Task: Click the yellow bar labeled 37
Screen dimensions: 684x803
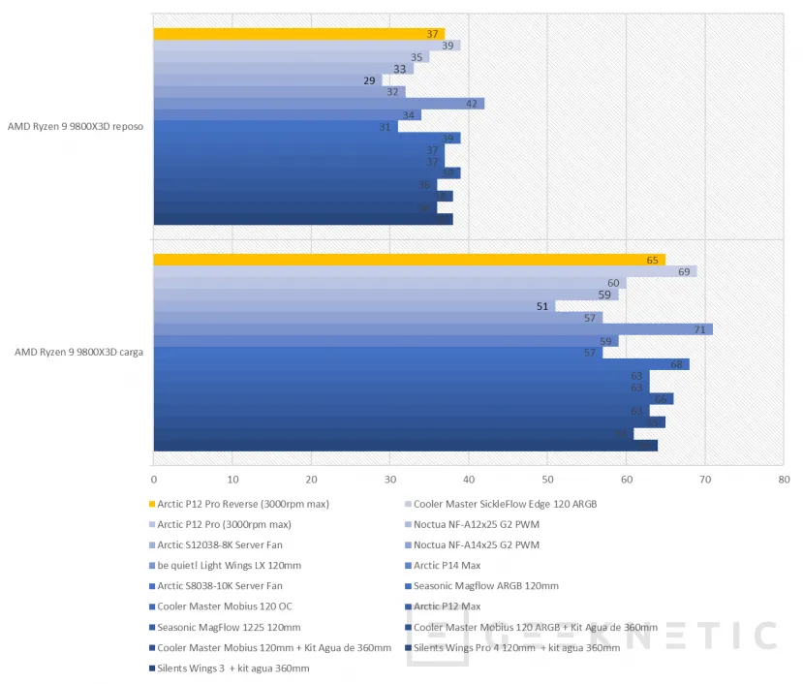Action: pos(291,34)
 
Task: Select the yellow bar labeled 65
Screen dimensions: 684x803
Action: pos(407,260)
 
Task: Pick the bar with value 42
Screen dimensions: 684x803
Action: pos(320,104)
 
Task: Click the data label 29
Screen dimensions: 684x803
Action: pos(369,80)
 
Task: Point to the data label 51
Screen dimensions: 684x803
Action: pos(542,306)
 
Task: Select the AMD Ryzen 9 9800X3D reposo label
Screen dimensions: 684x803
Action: pos(75,126)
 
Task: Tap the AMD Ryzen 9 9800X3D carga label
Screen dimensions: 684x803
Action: pos(78,352)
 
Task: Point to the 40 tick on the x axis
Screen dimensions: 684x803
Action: pos(469,479)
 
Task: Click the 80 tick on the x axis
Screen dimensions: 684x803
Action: pos(784,479)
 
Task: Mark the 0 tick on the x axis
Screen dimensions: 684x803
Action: pos(154,479)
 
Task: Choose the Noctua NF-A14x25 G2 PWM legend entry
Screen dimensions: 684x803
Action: pos(476,544)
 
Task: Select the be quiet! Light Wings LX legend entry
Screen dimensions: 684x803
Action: pos(229,565)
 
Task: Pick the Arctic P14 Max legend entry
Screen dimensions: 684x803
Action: pos(447,565)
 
